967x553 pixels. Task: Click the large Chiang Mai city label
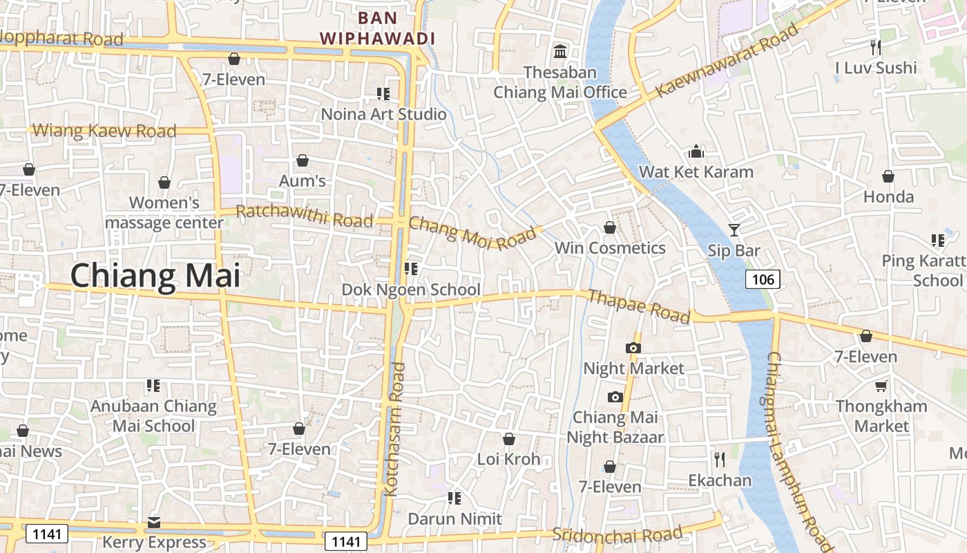(x=155, y=276)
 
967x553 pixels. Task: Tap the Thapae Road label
(x=638, y=306)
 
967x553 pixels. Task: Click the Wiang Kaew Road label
(x=104, y=130)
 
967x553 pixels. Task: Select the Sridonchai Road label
(x=617, y=534)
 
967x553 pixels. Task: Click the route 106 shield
(x=763, y=279)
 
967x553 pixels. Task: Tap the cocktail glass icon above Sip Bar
(x=734, y=229)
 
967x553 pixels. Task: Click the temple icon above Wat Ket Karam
(x=696, y=151)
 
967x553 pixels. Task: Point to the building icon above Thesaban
(x=560, y=52)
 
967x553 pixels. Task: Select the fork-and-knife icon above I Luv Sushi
(x=876, y=48)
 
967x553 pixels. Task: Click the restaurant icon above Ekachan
(x=720, y=460)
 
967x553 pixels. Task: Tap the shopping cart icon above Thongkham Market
(x=881, y=386)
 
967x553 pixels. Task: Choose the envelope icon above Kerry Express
(x=154, y=522)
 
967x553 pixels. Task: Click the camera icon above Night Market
(x=633, y=348)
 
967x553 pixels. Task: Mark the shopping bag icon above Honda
(x=888, y=176)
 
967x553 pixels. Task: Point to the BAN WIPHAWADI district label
(x=378, y=28)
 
